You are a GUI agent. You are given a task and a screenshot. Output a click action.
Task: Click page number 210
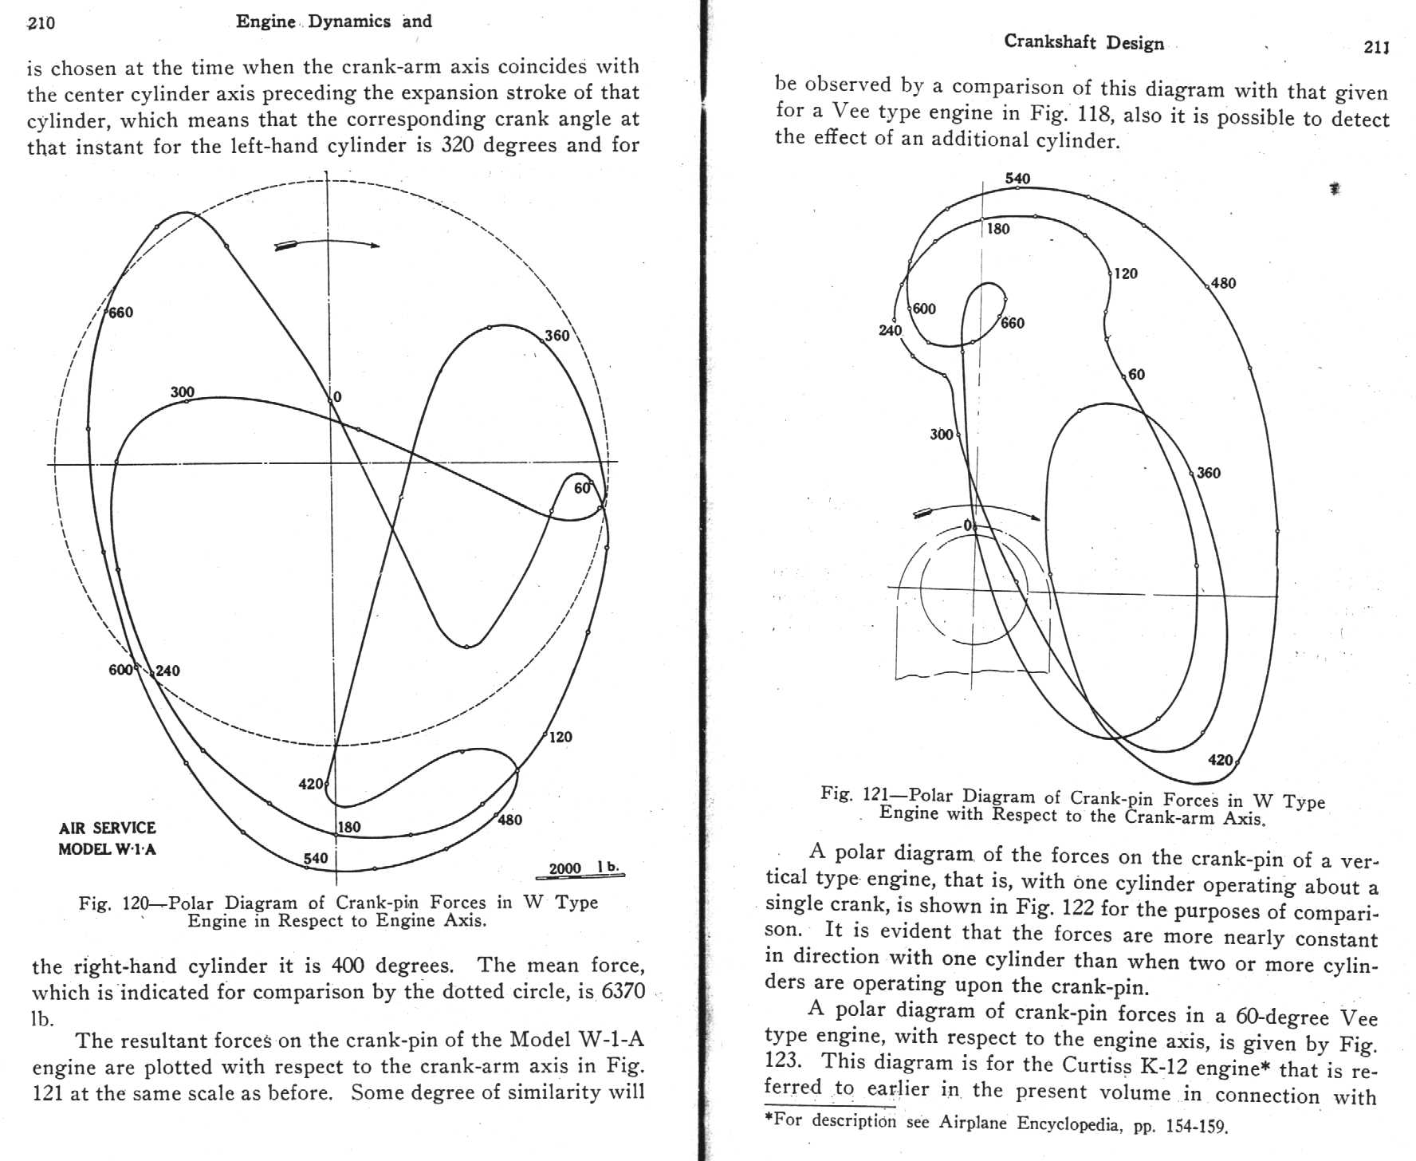pyautogui.click(x=41, y=22)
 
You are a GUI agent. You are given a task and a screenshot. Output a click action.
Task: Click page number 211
pyautogui.click(x=1377, y=47)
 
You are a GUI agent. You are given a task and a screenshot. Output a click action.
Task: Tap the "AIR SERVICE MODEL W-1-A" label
pyautogui.click(x=108, y=838)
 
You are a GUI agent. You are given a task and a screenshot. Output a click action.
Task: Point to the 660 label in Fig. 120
pyautogui.click(x=121, y=313)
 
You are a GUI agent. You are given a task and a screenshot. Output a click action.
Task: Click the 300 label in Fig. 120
pyautogui.click(x=182, y=392)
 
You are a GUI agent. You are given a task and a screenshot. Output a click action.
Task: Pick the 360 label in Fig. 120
pyautogui.click(x=557, y=336)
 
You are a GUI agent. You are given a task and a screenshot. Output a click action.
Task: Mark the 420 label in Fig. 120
pyautogui.click(x=310, y=784)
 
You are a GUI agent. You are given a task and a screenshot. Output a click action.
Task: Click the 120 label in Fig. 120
pyautogui.click(x=560, y=737)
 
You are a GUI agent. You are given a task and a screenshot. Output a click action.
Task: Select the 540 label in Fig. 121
pyautogui.click(x=1017, y=179)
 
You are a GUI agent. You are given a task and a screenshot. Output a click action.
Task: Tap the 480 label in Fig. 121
pyautogui.click(x=1223, y=283)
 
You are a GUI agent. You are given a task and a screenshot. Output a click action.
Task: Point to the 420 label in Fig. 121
pyautogui.click(x=1221, y=760)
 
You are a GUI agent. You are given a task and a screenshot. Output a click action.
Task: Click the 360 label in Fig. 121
pyautogui.click(x=1209, y=473)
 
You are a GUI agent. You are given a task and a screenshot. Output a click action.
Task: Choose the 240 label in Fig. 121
pyautogui.click(x=890, y=330)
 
